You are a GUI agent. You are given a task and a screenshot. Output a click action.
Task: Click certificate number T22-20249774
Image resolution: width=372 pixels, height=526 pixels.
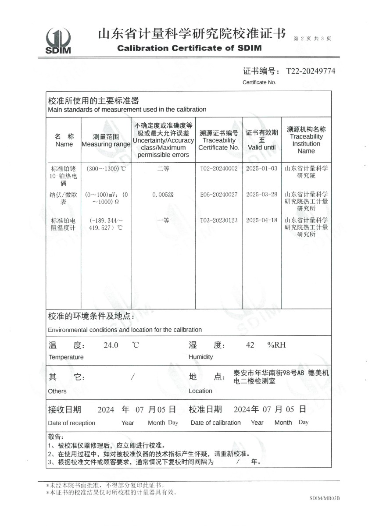pos(311,71)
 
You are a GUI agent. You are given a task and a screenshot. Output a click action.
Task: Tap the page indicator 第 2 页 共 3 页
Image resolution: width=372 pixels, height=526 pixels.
pos(312,39)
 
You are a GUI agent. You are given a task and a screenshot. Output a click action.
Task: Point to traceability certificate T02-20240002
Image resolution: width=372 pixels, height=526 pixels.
pos(218,168)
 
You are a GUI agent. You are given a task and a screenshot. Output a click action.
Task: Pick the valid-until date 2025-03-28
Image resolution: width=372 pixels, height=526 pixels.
pos(261,194)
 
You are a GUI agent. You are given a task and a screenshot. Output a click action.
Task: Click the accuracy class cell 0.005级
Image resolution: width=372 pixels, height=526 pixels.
pos(163,194)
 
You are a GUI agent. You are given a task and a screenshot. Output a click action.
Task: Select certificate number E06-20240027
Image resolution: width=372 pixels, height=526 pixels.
pos(218,194)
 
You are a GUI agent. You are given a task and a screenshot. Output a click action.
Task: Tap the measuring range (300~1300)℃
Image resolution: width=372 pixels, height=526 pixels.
pos(106,168)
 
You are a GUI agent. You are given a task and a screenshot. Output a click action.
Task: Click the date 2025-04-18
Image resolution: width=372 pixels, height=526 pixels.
pos(261,220)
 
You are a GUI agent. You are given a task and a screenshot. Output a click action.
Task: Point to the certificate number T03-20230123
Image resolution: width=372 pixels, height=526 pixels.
pos(218,220)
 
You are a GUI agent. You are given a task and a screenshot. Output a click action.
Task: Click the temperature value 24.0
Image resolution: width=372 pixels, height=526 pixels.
pos(111,345)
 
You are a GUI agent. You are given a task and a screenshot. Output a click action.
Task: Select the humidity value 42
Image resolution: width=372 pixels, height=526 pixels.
pos(250,345)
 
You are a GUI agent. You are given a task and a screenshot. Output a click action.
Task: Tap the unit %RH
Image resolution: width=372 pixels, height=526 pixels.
pos(276,345)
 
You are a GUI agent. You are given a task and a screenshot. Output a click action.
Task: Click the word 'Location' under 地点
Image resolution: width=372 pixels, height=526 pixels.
pos(200,391)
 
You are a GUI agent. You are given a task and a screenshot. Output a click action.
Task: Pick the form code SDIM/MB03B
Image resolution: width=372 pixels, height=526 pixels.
pos(325,498)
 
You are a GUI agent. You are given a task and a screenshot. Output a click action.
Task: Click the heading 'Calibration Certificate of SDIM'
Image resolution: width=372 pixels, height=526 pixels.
pos(190,48)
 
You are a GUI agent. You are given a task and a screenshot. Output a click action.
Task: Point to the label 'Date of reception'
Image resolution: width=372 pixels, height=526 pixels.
pos(72,423)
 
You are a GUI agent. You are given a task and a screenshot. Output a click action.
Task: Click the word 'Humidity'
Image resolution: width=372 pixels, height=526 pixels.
pos(200,357)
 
